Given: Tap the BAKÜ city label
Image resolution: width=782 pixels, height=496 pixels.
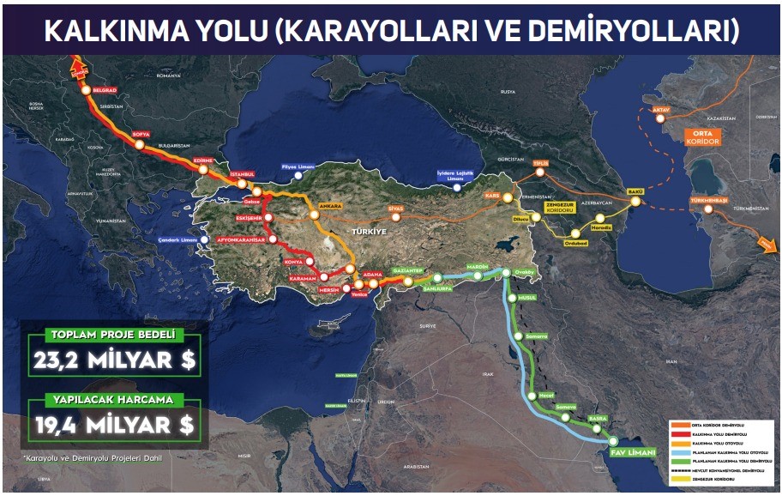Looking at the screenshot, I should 635,191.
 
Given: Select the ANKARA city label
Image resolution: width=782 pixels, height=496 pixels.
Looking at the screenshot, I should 331,206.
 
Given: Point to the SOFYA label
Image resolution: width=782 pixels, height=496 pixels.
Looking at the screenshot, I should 141,135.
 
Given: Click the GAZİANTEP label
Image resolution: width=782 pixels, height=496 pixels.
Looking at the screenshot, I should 408,270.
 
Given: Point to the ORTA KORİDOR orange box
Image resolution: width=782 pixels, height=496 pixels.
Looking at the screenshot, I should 702,137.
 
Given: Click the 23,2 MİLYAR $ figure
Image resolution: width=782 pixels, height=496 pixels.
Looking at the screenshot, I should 115,361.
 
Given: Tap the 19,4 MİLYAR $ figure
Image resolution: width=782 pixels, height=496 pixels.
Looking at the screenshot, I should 115,424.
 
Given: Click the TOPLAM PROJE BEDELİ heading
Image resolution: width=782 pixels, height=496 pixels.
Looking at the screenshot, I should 114,334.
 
